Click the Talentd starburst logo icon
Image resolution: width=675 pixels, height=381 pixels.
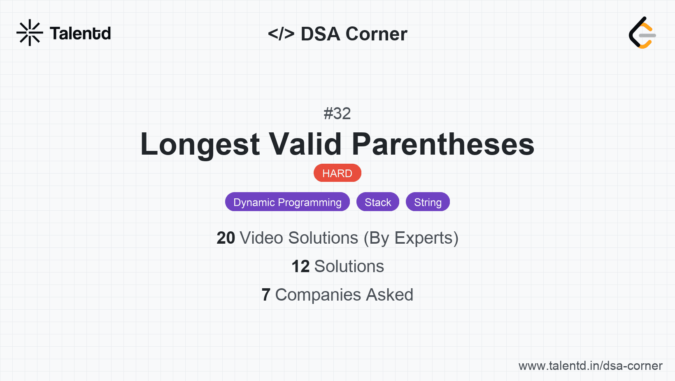[30, 33]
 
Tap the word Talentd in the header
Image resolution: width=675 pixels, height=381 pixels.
[80, 33]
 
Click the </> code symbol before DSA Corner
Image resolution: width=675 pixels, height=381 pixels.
[281, 34]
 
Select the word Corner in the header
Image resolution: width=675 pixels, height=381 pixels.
[377, 34]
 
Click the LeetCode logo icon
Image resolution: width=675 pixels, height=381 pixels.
[642, 33]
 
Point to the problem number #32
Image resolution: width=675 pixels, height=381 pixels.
[337, 113]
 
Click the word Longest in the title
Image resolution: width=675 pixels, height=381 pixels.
[200, 144]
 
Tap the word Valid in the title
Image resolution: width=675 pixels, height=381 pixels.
[305, 144]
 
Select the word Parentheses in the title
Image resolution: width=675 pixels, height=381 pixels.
[443, 144]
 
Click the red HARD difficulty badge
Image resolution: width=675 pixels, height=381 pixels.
[337, 173]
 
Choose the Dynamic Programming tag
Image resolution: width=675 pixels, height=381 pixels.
[287, 202]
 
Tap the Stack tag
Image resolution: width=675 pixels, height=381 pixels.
[378, 202]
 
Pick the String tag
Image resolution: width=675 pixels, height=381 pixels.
[428, 202]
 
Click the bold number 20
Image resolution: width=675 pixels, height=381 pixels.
[226, 238]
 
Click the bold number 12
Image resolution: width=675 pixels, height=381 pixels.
[300, 266]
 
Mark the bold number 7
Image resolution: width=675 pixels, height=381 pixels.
[266, 295]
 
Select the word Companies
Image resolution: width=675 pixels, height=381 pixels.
[318, 295]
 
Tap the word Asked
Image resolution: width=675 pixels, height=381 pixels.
[389, 295]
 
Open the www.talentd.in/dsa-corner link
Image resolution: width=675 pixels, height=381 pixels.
[590, 366]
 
